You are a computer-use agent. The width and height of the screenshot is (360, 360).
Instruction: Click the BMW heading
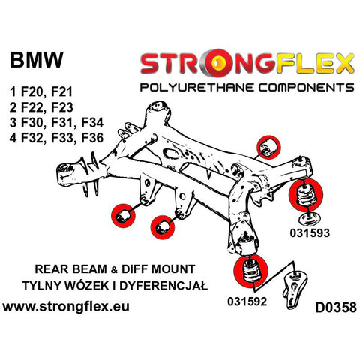(37, 60)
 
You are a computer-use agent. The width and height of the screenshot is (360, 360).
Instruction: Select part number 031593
(310, 233)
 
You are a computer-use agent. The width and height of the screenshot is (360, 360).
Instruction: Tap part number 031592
(247, 301)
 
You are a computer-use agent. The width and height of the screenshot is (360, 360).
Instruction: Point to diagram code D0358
(336, 307)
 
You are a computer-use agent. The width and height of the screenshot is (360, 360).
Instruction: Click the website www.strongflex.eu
(66, 307)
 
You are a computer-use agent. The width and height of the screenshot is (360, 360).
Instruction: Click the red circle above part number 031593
(306, 196)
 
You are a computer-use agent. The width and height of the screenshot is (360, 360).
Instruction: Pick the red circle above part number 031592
(250, 271)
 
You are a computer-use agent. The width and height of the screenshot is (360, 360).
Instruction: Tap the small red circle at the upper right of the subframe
(268, 148)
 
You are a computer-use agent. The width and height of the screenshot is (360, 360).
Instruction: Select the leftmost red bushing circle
(123, 216)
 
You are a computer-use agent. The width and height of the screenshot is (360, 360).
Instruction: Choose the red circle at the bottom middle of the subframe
(163, 227)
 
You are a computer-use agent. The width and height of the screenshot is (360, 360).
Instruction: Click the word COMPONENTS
(307, 88)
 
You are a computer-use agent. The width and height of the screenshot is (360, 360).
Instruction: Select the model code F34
(92, 123)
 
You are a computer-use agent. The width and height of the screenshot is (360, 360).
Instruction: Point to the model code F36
(92, 138)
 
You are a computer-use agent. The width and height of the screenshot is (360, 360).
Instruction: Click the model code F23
(62, 107)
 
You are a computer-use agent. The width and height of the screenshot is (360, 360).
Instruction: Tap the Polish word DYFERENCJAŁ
(163, 286)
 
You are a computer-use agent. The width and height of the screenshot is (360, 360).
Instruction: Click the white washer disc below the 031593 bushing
(310, 219)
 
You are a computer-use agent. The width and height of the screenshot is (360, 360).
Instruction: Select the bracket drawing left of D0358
(295, 289)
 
